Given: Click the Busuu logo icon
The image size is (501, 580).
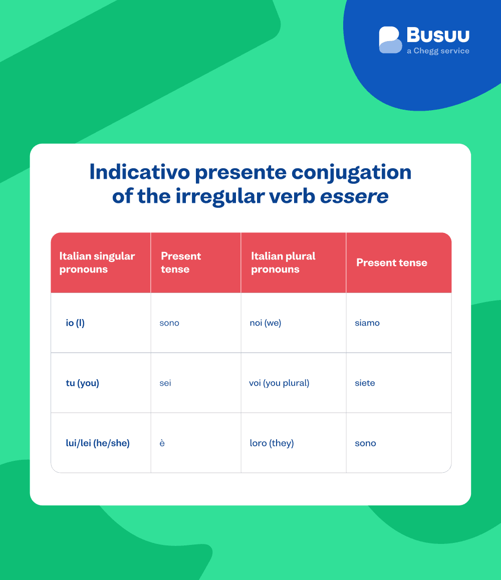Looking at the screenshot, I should pos(390,40).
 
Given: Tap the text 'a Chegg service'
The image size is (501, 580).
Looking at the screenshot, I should pos(438,51).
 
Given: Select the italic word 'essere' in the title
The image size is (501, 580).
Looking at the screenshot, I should pos(354,196).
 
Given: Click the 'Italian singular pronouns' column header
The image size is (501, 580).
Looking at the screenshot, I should pos(97,262).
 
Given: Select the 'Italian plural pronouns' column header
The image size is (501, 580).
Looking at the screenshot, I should pos(283,262).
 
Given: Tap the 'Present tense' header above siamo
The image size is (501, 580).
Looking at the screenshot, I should pos(391,262).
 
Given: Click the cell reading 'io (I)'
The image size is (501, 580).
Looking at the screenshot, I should pos(75,323).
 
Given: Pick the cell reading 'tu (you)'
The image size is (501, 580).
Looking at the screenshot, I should pos(82,383).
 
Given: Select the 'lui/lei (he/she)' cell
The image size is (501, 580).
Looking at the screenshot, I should pos(98,443).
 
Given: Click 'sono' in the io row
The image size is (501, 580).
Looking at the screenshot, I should pos(169,323).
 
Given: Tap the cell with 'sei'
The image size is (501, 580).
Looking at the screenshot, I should pos(165,383).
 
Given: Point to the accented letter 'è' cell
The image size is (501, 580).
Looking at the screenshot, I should pos(162,443).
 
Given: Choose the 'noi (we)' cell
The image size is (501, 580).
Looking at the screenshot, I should pos(266,323).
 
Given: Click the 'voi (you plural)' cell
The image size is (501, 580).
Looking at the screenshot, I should pos(279,383).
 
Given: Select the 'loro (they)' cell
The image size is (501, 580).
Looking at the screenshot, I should pos(272,443).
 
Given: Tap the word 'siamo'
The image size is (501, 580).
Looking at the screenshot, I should pos(367,323).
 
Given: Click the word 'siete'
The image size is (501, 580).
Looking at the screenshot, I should pos(365,383).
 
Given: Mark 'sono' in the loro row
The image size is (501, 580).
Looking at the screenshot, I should pos(365,443).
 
